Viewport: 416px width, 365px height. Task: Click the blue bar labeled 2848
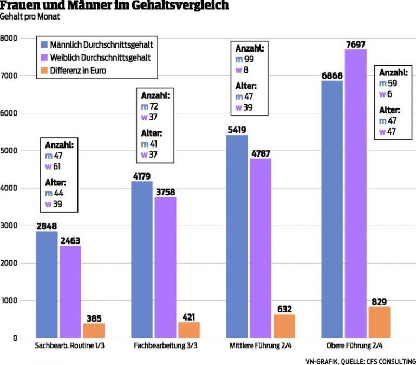click(47, 284)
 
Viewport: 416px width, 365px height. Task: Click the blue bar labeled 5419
click(237, 236)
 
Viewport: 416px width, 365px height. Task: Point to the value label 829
click(379, 301)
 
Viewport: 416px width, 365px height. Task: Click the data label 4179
click(142, 176)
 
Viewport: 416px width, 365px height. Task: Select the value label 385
click(94, 318)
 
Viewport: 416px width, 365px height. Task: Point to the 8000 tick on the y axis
click(9, 39)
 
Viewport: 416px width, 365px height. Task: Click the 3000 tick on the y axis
click(9, 226)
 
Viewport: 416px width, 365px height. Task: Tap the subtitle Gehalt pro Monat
click(30, 17)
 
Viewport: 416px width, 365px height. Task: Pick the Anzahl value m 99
click(245, 59)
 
